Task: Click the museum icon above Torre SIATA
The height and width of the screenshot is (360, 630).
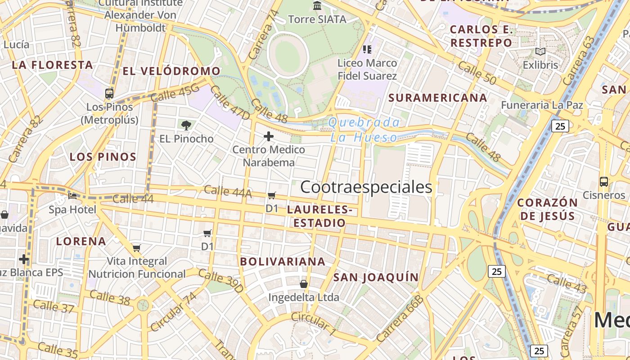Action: [x=317, y=6]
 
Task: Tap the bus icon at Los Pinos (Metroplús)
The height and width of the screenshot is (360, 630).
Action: [x=109, y=94]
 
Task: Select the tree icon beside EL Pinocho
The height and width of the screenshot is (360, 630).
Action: [x=185, y=125]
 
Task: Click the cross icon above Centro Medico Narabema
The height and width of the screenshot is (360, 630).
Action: [x=269, y=136]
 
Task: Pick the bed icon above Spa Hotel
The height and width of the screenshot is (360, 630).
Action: [x=72, y=196]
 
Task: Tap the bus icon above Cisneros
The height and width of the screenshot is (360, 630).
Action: [x=604, y=182]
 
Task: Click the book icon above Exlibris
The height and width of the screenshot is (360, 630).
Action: [x=540, y=52]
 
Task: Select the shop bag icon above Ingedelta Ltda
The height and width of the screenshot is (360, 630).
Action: [x=304, y=284]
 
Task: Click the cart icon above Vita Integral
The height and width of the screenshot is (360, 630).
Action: [x=137, y=248]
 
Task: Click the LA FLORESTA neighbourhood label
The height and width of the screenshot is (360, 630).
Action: [x=52, y=65]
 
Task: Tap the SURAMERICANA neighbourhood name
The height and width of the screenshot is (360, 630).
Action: [x=438, y=98]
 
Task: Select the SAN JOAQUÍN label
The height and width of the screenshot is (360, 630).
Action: [x=376, y=277]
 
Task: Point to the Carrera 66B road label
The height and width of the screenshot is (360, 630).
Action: [x=400, y=319]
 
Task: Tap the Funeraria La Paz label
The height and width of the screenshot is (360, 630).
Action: [x=542, y=105]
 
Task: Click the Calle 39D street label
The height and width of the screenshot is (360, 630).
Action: [x=221, y=281]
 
